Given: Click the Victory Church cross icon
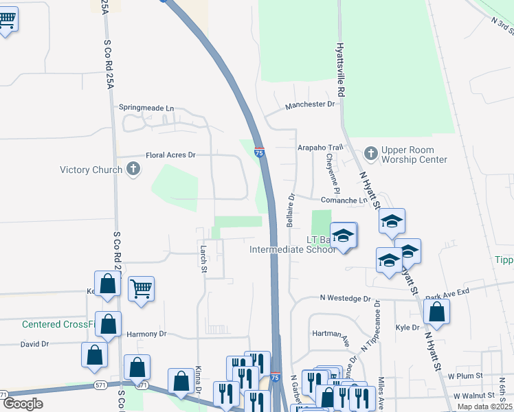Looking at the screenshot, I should point(133,169).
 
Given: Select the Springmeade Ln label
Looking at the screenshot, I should point(146,108).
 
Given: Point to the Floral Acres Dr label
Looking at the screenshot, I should point(170,155).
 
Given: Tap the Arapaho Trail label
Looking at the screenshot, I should point(320,148).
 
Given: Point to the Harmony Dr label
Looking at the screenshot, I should point(146,334).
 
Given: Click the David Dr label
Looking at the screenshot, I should point(34,344).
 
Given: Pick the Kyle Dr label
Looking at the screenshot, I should point(407,328).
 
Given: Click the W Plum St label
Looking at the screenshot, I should point(462,376).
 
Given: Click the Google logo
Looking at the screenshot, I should point(23,404).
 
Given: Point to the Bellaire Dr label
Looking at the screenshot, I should point(291,211).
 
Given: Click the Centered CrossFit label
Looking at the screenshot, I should point(59,324).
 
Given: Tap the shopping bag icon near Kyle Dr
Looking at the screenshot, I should point(437,312).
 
